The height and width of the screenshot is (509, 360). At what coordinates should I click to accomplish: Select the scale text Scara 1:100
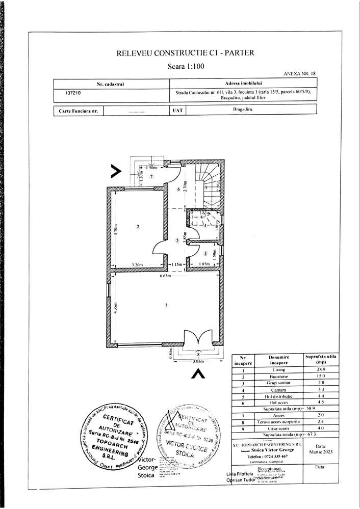[x=186, y=66]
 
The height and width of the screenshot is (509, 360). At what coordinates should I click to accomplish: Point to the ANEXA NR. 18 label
[x=299, y=73]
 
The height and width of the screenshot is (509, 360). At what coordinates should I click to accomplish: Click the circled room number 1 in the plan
[x=165, y=305]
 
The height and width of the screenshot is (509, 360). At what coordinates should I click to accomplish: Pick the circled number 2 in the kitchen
[x=138, y=227]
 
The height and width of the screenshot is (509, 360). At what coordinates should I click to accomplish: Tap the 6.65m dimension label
[x=164, y=276]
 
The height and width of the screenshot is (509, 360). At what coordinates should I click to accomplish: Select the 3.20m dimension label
[x=137, y=264]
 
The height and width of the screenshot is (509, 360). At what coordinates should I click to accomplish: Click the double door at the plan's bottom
[x=197, y=338]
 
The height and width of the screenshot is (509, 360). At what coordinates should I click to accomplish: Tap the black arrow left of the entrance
[x=116, y=171]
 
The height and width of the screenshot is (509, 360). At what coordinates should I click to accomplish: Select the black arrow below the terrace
[x=198, y=374]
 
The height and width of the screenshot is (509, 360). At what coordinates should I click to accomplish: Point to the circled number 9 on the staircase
[x=206, y=187]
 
